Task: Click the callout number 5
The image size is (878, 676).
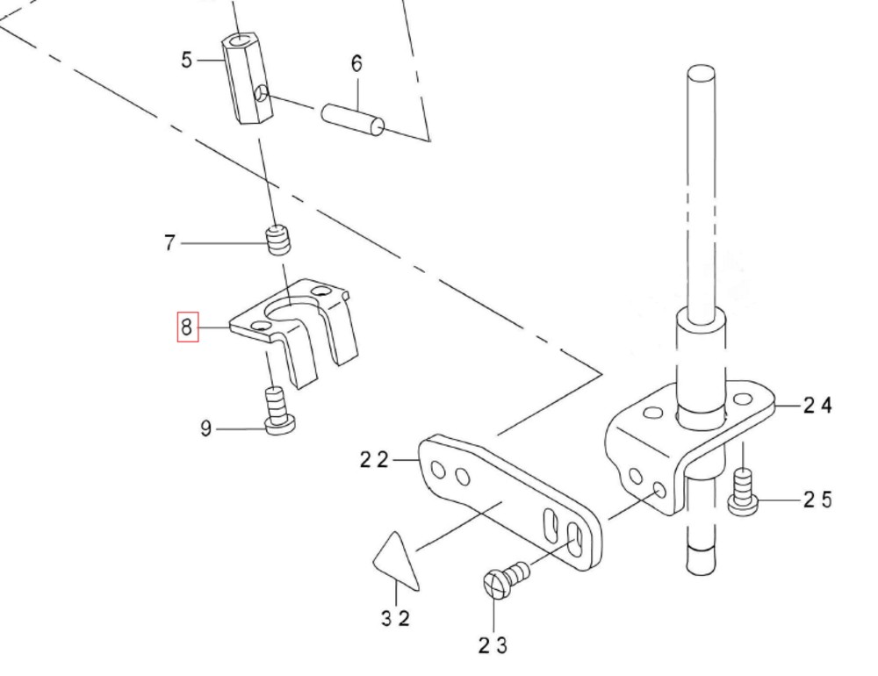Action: point(186,60)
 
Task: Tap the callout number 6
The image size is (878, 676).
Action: point(356,63)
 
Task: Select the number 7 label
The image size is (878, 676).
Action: point(169,242)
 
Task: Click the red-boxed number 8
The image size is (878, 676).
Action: point(186,327)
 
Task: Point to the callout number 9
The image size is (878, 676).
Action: point(206,428)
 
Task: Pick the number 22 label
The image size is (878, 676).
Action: point(373,459)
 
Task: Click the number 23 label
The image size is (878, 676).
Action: point(493,645)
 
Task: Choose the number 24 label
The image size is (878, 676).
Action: point(817,405)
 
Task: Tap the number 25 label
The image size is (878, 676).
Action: point(817,500)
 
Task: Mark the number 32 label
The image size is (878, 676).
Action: point(396,618)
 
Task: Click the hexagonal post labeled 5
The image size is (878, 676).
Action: point(248,79)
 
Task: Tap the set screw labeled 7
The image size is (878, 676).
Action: point(278,239)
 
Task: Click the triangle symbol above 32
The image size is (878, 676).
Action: point(396,562)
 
